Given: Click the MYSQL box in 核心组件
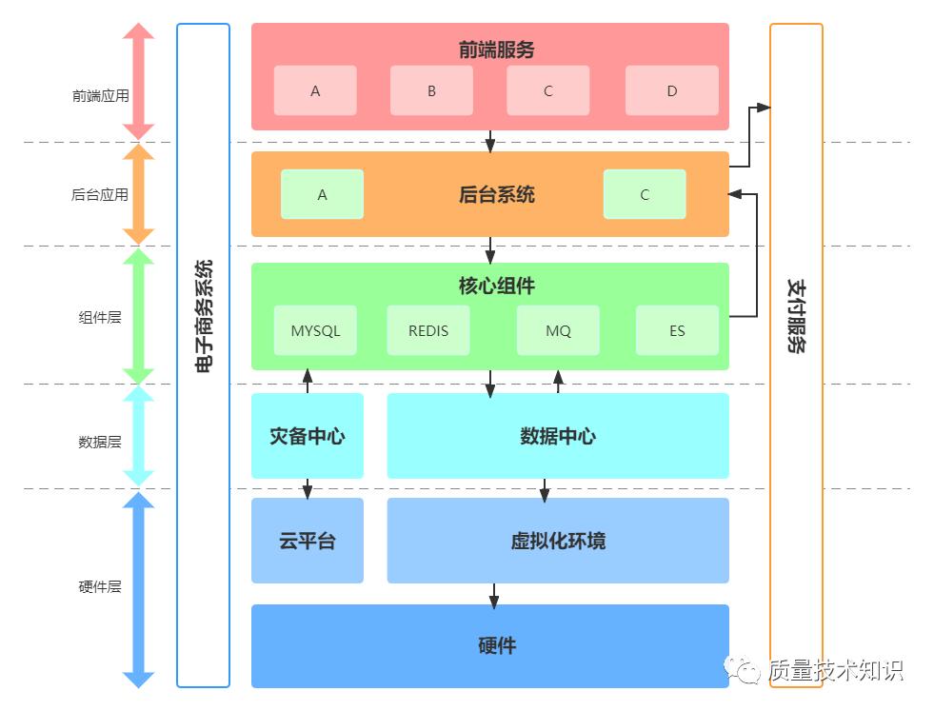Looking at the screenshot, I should [315, 330].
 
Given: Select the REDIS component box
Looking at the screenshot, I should [427, 330].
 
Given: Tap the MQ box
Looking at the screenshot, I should [558, 330].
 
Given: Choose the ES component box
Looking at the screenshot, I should [677, 330].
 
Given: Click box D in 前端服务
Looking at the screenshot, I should [671, 90].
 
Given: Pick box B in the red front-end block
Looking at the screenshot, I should [431, 90].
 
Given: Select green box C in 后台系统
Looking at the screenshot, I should [645, 194].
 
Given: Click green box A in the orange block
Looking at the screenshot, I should [322, 194].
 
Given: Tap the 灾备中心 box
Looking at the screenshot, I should [307, 436].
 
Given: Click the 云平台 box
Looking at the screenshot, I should [307, 541].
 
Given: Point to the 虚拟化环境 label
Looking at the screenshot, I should [558, 541].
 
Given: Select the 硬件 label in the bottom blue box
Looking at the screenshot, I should [496, 645].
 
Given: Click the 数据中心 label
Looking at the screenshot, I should [558, 436].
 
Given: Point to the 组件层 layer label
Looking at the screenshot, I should [100, 317].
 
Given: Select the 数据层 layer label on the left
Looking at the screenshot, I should [100, 442].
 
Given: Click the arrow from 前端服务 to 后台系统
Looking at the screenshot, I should [490, 141].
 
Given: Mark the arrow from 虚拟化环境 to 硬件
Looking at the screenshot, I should [494, 594].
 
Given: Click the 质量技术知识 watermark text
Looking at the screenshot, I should [835, 670].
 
